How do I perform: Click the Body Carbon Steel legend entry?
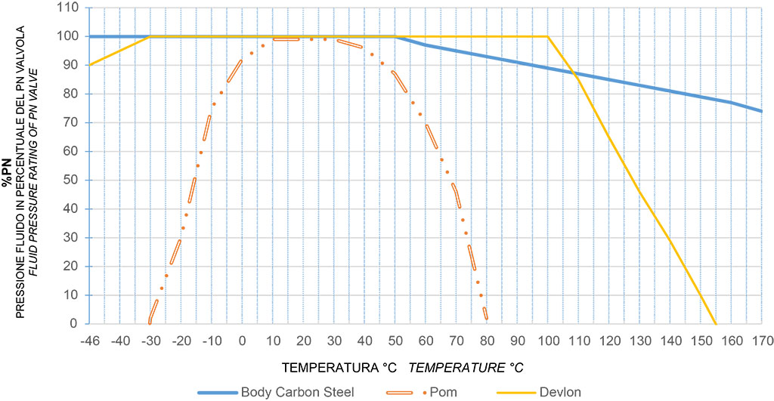pos(294,391)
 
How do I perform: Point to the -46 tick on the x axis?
pos(89,340)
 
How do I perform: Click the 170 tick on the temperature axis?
pos(762,340)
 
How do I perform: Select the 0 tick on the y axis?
pos(74,324)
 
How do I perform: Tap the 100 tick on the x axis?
pos(547,340)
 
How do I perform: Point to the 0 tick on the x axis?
pos(242,340)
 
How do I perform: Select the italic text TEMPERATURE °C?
pos(466,367)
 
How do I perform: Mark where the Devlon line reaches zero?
pos(716,323)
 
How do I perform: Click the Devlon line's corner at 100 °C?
pos(547,36)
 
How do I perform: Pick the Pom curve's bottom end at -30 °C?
pos(150,322)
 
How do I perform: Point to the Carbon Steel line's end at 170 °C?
pos(762,111)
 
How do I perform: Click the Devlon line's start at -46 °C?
pos(89,65)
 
